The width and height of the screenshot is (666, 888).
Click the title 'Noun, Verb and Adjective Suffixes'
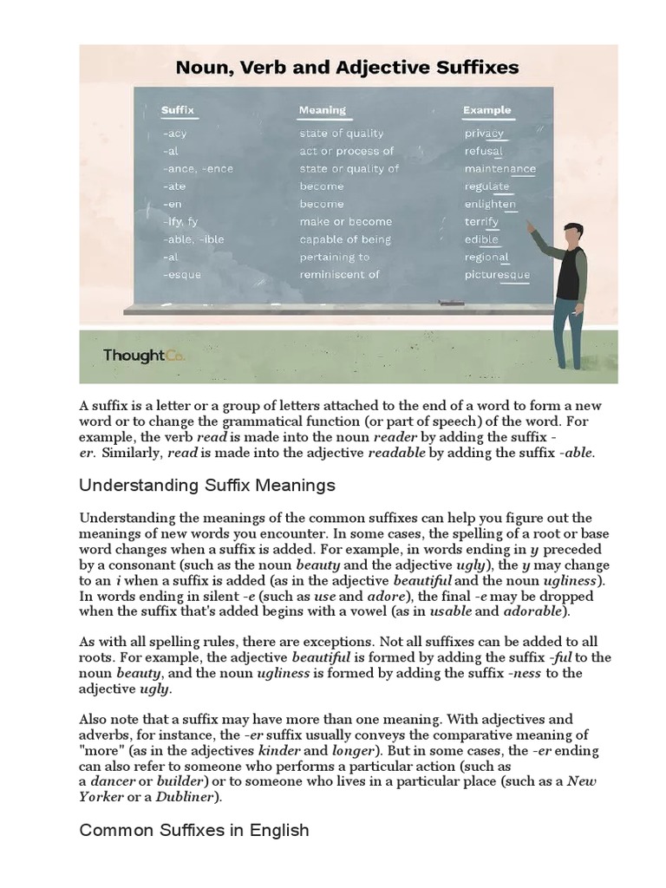[x=348, y=67]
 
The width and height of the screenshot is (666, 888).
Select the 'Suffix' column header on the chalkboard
[x=178, y=110]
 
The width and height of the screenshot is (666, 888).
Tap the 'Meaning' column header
[x=322, y=110]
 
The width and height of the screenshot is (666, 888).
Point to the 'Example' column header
[x=486, y=110]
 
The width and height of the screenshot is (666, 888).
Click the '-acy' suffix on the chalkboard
[x=174, y=134]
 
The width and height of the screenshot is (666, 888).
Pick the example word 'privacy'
[x=484, y=134]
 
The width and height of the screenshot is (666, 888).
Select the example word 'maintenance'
[x=499, y=169]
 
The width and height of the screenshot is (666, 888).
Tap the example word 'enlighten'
[x=490, y=204]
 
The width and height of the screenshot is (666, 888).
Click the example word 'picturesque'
[x=497, y=275]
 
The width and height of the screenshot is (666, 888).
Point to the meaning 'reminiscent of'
[x=339, y=275]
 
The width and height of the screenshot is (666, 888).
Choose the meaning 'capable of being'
[x=345, y=239]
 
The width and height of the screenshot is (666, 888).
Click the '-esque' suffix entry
[x=181, y=275]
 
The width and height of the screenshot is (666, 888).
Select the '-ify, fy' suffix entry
[x=180, y=222]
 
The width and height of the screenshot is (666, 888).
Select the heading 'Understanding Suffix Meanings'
[x=207, y=484]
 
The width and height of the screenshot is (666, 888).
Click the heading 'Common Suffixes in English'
[x=194, y=830]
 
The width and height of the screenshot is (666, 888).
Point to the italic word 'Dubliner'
[x=191, y=797]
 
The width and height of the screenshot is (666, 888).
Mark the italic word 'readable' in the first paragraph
[x=397, y=454]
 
